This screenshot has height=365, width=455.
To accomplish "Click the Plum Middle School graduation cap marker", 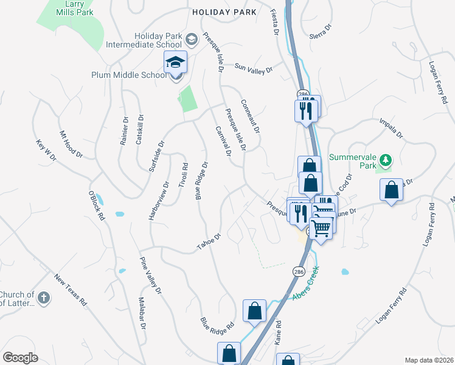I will (175, 63).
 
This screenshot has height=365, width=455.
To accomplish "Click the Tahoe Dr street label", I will (207, 242).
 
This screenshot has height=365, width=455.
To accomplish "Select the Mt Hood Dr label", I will (71, 144).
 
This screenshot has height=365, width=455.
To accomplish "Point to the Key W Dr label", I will (46, 149).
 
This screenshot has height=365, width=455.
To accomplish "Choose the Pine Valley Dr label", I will (151, 276).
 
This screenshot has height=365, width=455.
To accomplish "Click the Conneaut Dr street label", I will (250, 117).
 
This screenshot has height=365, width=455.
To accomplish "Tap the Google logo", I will (21, 358).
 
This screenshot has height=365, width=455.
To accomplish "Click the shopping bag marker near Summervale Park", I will (391, 190).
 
